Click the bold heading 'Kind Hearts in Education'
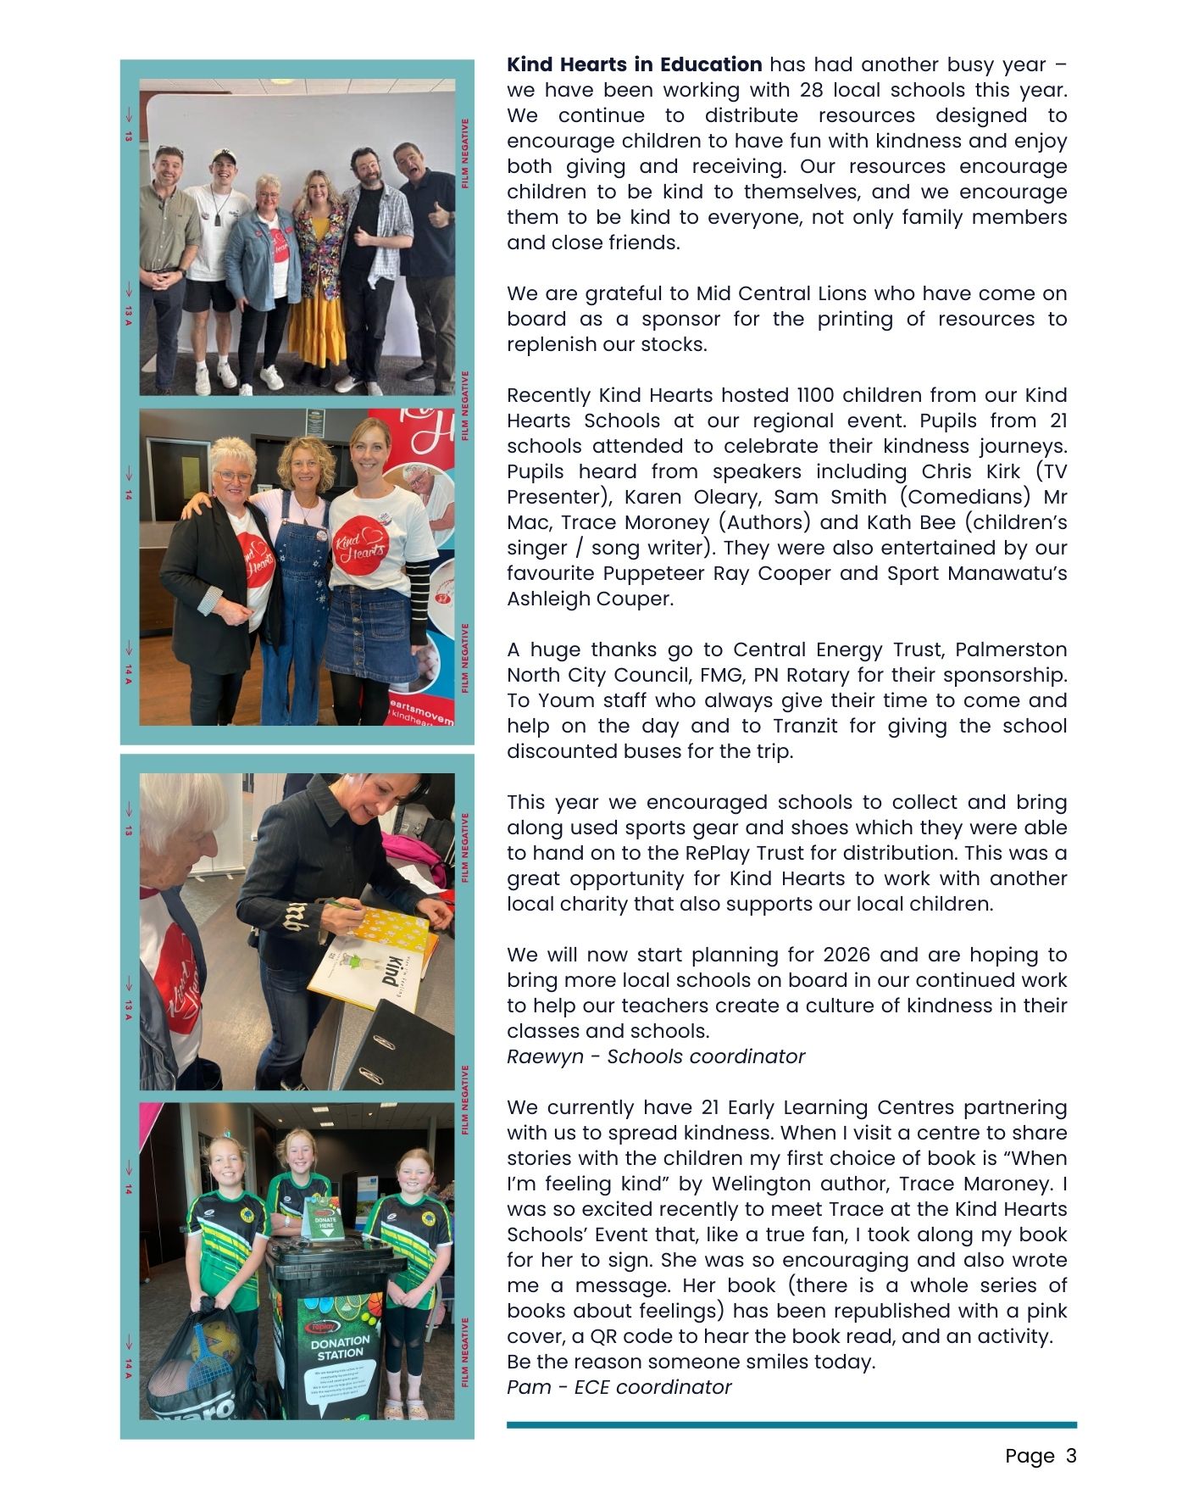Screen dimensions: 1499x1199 pyautogui.click(x=634, y=65)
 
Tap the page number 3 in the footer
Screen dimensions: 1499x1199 pyautogui.click(x=1071, y=1456)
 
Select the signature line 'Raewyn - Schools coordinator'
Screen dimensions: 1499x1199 pyautogui.click(x=655, y=1056)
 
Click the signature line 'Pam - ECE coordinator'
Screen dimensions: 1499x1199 pyautogui.click(x=619, y=1387)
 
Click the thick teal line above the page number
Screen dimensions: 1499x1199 pyautogui.click(x=791, y=1425)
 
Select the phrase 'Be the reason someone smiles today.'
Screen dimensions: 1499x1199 pyautogui.click(x=690, y=1362)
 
